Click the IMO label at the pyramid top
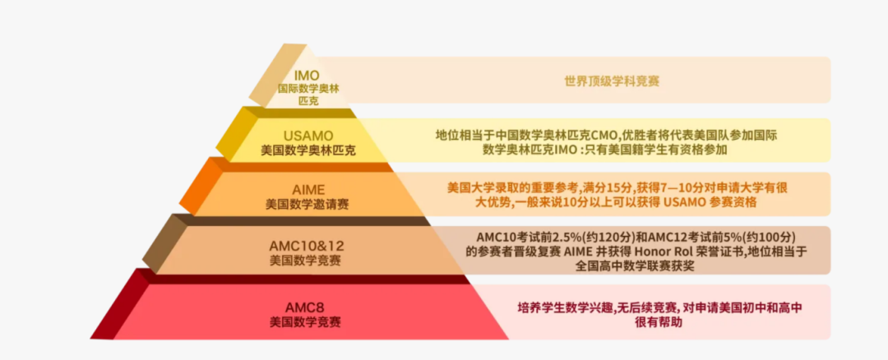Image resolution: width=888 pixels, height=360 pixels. (x=307, y=76)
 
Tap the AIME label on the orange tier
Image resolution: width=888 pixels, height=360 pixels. (x=307, y=189)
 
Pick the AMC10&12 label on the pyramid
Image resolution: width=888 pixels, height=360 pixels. (x=307, y=245)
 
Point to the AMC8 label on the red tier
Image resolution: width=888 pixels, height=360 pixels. (x=307, y=303)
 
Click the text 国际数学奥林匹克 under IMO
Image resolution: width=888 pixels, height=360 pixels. (x=308, y=93)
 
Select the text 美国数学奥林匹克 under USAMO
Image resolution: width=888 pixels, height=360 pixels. (x=308, y=151)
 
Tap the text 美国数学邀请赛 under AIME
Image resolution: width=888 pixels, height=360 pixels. (x=307, y=204)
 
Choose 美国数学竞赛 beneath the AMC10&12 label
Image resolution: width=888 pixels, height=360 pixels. (x=307, y=260)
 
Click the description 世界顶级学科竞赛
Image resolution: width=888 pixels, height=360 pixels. (x=612, y=81)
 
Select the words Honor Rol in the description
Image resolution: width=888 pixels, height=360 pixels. (x=657, y=251)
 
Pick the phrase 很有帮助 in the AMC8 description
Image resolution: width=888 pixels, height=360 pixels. (x=659, y=323)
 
